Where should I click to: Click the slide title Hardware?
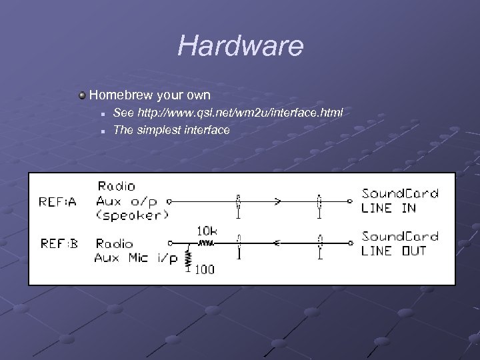[x=240, y=47]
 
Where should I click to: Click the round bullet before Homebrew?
[x=82, y=96]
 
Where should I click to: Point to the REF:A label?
[x=59, y=201]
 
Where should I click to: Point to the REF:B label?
[x=59, y=243]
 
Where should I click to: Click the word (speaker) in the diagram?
[x=131, y=215]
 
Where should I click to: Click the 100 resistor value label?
[x=205, y=271]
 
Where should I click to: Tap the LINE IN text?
[x=388, y=208]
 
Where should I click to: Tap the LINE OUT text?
[x=394, y=251]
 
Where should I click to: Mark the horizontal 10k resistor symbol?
[x=206, y=243]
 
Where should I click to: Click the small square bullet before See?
[x=103, y=114]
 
